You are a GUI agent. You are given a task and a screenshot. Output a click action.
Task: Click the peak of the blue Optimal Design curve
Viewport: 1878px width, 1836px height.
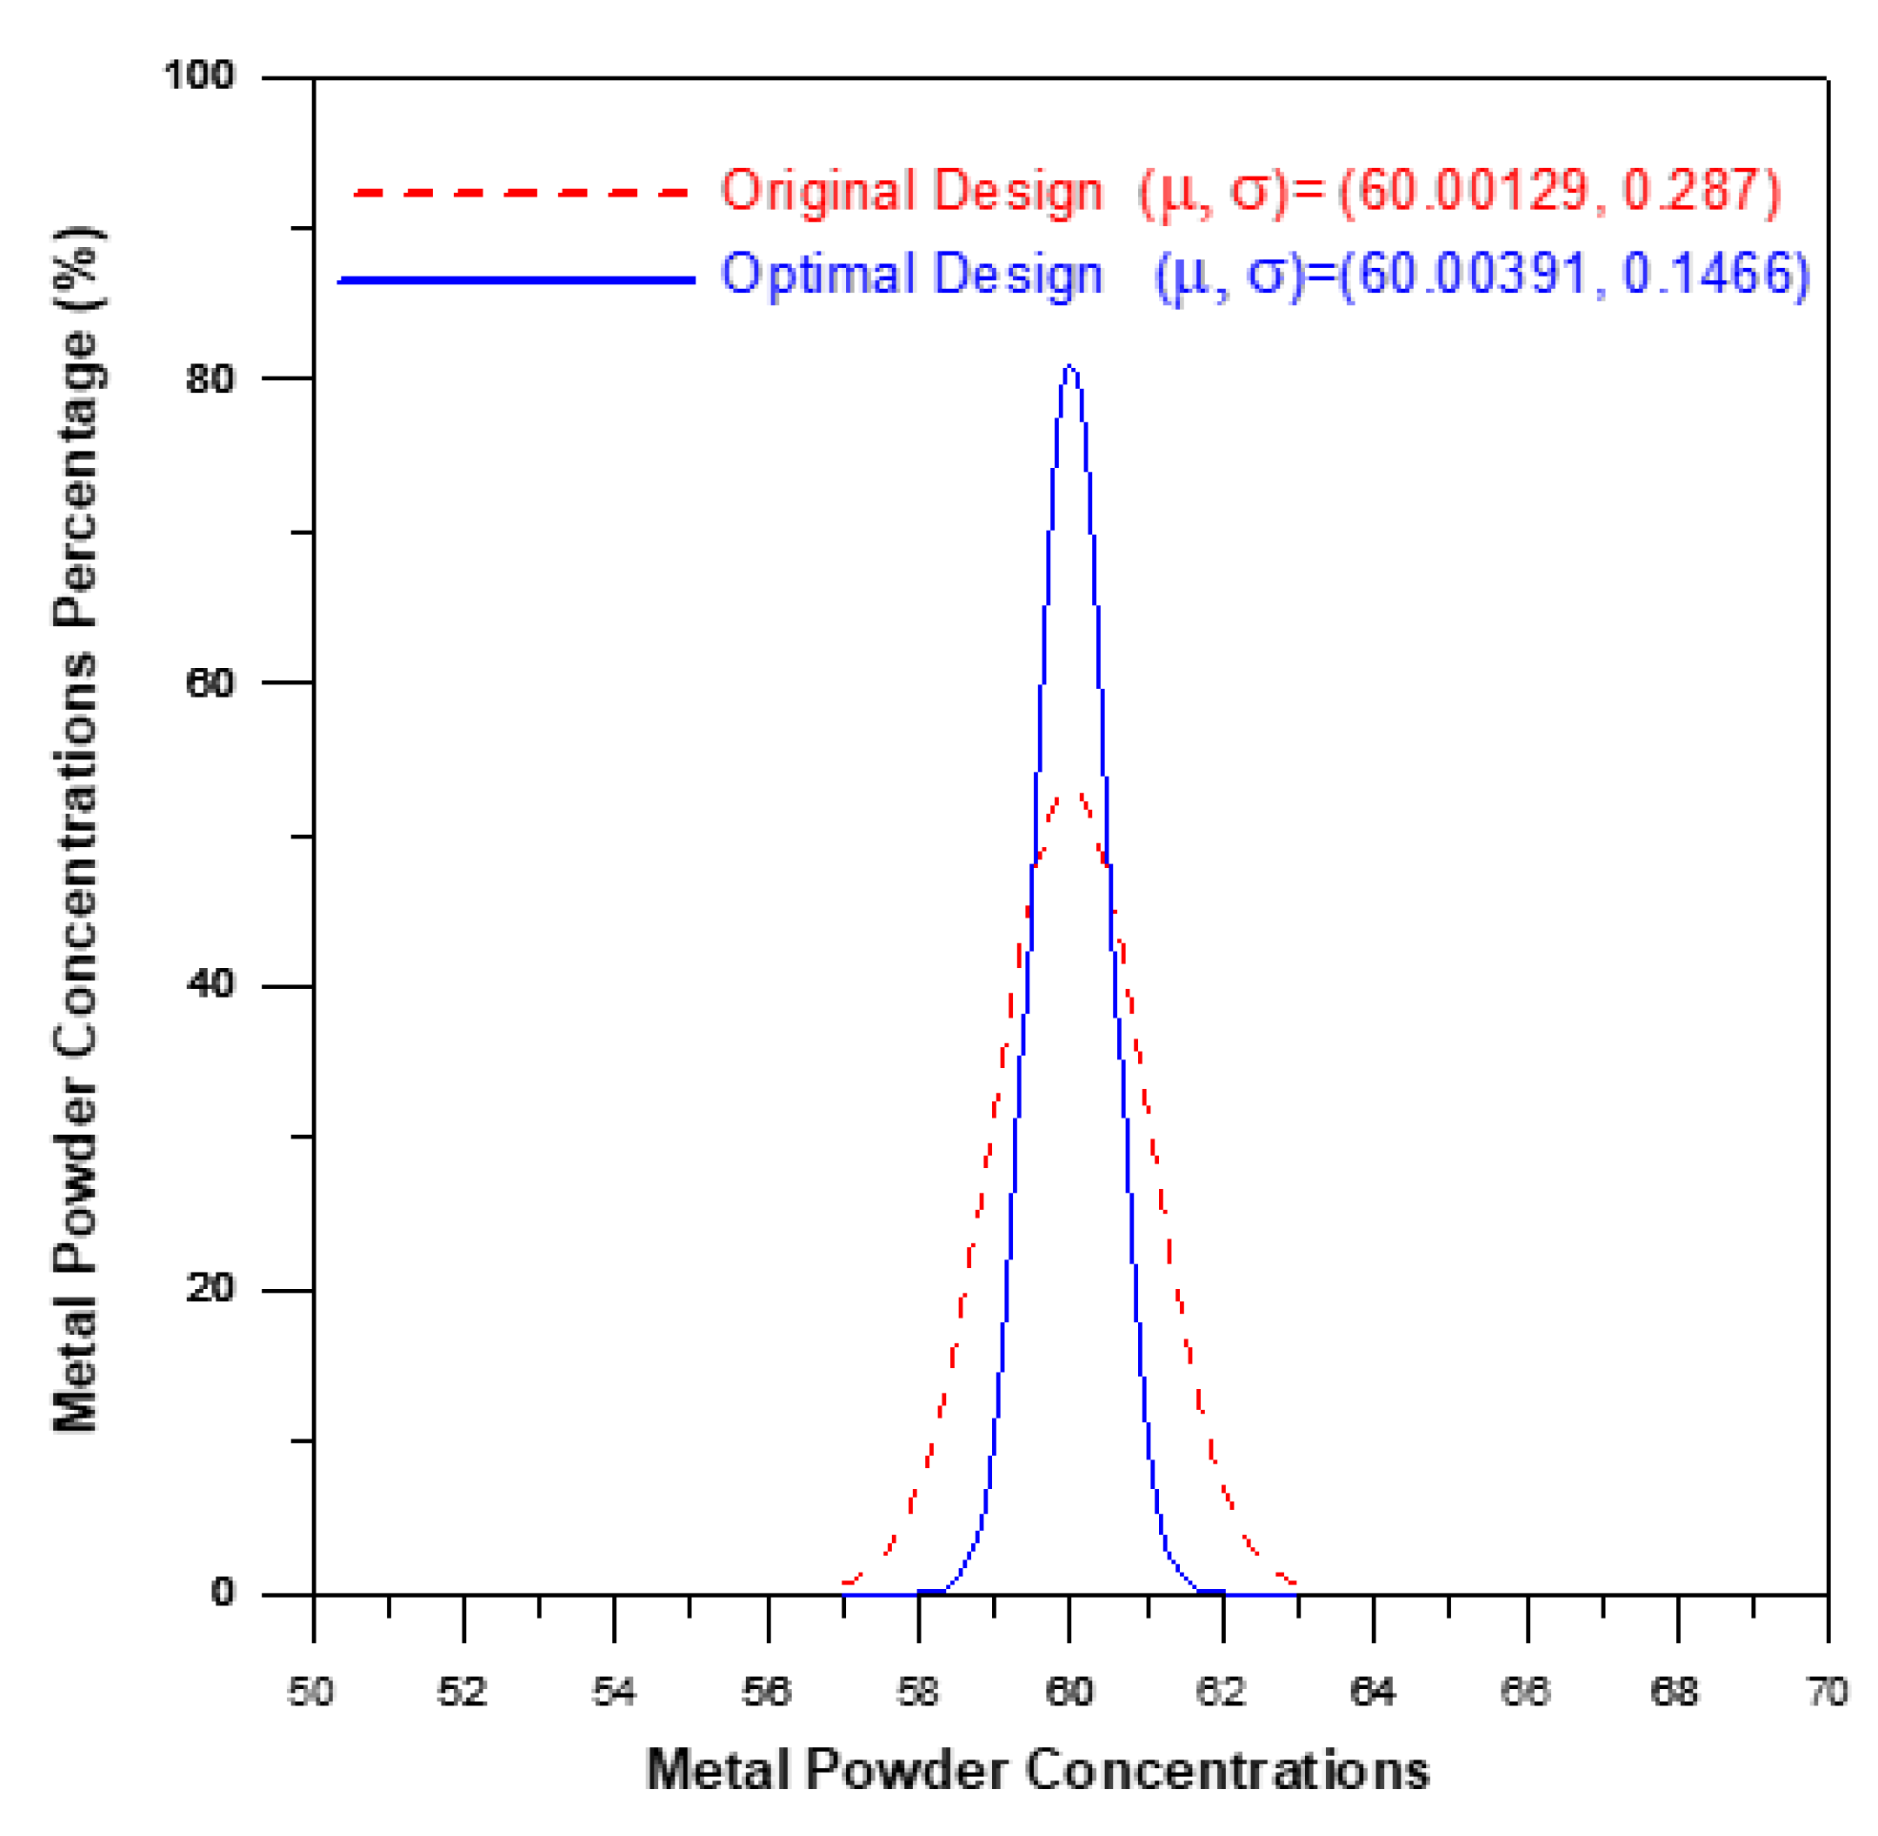click(x=1069, y=367)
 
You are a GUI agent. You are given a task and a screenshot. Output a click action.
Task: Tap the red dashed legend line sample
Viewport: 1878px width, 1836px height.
click(x=522, y=193)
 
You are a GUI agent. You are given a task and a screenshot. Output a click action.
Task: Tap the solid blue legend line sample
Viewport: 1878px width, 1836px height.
click(x=516, y=281)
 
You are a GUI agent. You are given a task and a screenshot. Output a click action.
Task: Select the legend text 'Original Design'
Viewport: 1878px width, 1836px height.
click(x=911, y=191)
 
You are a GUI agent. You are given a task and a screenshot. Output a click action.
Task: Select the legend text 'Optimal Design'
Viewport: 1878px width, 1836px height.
click(x=911, y=275)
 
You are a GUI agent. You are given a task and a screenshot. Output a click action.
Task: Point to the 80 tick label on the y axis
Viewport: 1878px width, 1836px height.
click(x=210, y=378)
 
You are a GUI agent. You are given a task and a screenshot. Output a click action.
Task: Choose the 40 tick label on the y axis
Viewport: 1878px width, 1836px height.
click(x=210, y=985)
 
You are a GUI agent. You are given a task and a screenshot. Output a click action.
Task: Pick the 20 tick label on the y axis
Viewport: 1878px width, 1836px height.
click(x=210, y=1288)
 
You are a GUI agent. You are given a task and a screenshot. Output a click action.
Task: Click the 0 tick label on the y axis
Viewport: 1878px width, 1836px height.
click(x=223, y=1592)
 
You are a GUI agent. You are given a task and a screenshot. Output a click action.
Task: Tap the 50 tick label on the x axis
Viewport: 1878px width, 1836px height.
click(x=311, y=1692)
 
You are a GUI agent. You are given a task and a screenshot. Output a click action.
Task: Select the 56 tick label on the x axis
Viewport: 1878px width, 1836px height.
click(x=767, y=1692)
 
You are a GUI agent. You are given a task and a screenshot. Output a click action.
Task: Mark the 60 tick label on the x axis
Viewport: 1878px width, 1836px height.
click(x=1069, y=1692)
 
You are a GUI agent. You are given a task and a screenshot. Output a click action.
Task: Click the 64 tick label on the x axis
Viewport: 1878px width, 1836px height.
click(x=1373, y=1692)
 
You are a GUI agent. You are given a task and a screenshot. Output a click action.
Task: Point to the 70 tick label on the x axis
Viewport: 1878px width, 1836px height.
click(x=1826, y=1692)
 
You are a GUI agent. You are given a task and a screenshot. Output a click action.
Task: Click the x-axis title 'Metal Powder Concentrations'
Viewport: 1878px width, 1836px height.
click(x=1037, y=1771)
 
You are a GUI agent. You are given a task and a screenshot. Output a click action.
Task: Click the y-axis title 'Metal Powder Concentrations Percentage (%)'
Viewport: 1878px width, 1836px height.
click(x=77, y=829)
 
